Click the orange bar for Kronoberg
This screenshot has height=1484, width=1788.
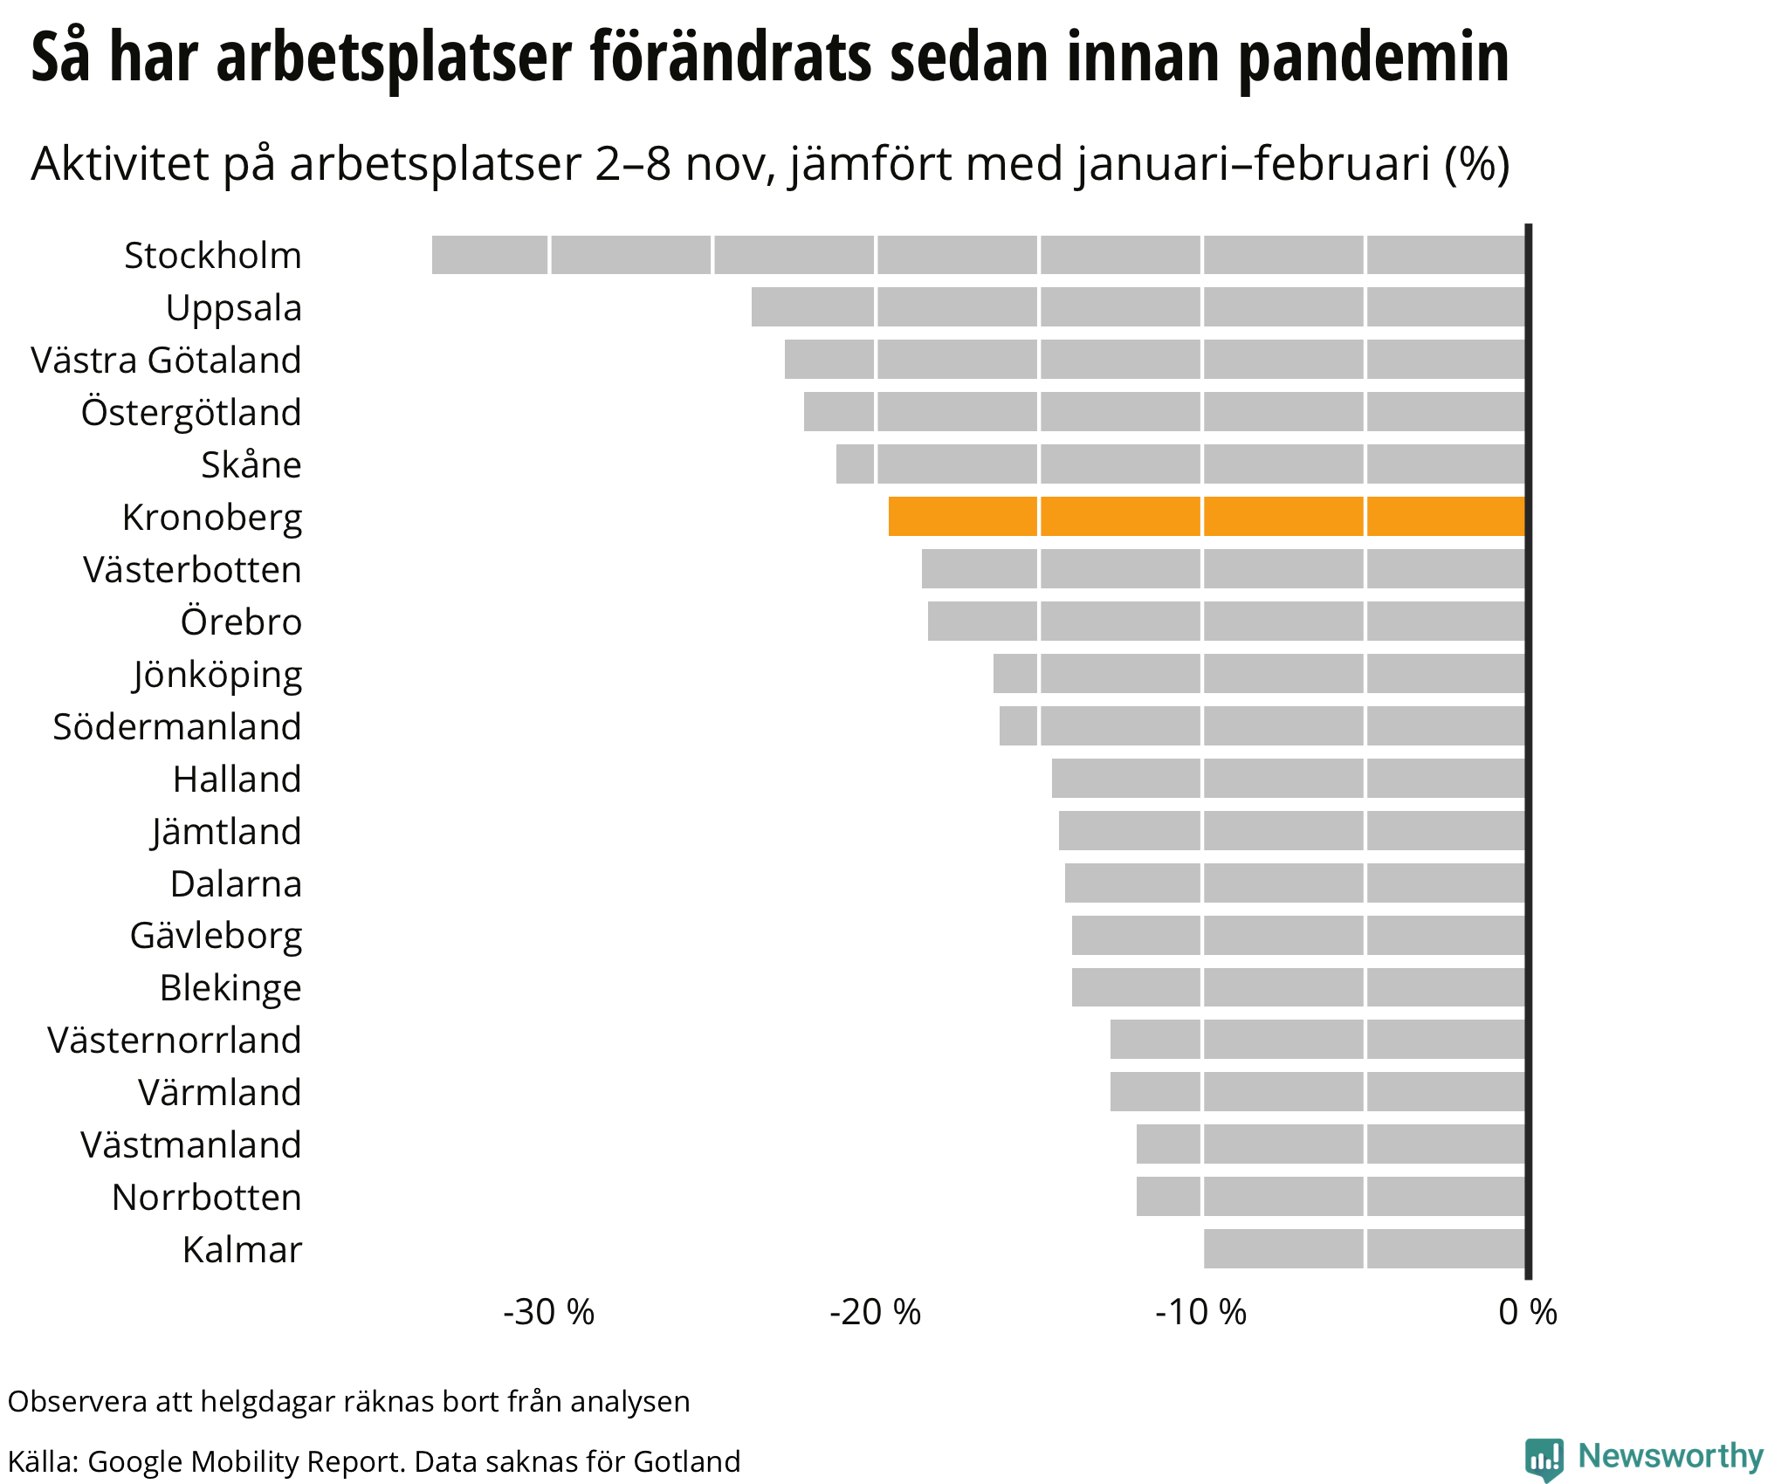pyautogui.click(x=1207, y=516)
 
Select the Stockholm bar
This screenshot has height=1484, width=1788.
pyautogui.click(x=978, y=255)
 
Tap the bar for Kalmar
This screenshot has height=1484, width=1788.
pyautogui.click(x=1364, y=1248)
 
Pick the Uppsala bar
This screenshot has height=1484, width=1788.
pyautogui.click(x=1138, y=307)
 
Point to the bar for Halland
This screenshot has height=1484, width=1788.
pyautogui.click(x=1288, y=778)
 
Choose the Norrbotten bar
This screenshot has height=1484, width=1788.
pyautogui.click(x=1331, y=1196)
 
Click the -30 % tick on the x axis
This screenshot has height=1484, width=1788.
pyautogui.click(x=548, y=1312)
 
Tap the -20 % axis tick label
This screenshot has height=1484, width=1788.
pyautogui.click(x=875, y=1312)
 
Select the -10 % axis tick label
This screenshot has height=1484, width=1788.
pyautogui.click(x=1201, y=1312)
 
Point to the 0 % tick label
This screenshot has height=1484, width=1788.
pyautogui.click(x=1528, y=1312)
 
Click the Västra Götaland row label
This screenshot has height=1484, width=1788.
pyautogui.click(x=166, y=360)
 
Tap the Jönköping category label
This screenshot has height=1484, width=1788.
pyautogui.click(x=217, y=675)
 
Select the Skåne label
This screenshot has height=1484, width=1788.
pyautogui.click(x=251, y=464)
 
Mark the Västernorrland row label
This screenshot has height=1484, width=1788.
pyautogui.click(x=175, y=1040)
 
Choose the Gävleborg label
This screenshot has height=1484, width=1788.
pyautogui.click(x=216, y=936)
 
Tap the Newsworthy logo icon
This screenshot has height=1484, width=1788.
pyautogui.click(x=1544, y=1459)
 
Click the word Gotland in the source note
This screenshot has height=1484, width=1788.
pyautogui.click(x=686, y=1461)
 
